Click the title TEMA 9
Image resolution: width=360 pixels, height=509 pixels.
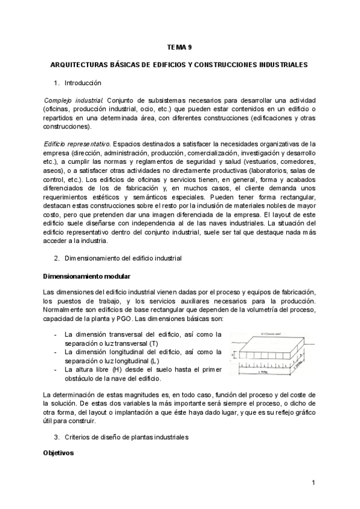coord(179,46)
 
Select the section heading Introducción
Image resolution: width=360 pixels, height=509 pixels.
coord(83,82)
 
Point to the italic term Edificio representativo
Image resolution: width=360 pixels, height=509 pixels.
coord(77,144)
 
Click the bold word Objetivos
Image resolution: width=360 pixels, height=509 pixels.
coord(58,453)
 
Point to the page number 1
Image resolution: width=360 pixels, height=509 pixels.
coord(313,483)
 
